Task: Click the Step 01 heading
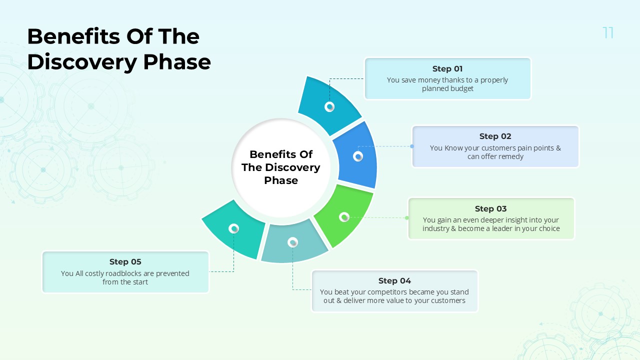447,69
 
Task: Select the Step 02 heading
495,136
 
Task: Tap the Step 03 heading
490,209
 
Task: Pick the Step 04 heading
394,281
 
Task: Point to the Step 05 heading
125,262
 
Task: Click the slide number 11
608,33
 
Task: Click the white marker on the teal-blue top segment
329,106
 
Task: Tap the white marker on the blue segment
358,156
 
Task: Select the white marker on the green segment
344,217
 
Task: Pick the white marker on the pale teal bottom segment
293,242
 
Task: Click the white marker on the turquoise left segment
233,228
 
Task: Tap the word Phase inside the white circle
280,180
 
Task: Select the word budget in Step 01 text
462,89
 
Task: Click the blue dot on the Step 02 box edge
412,146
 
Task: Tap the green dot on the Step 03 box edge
407,217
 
